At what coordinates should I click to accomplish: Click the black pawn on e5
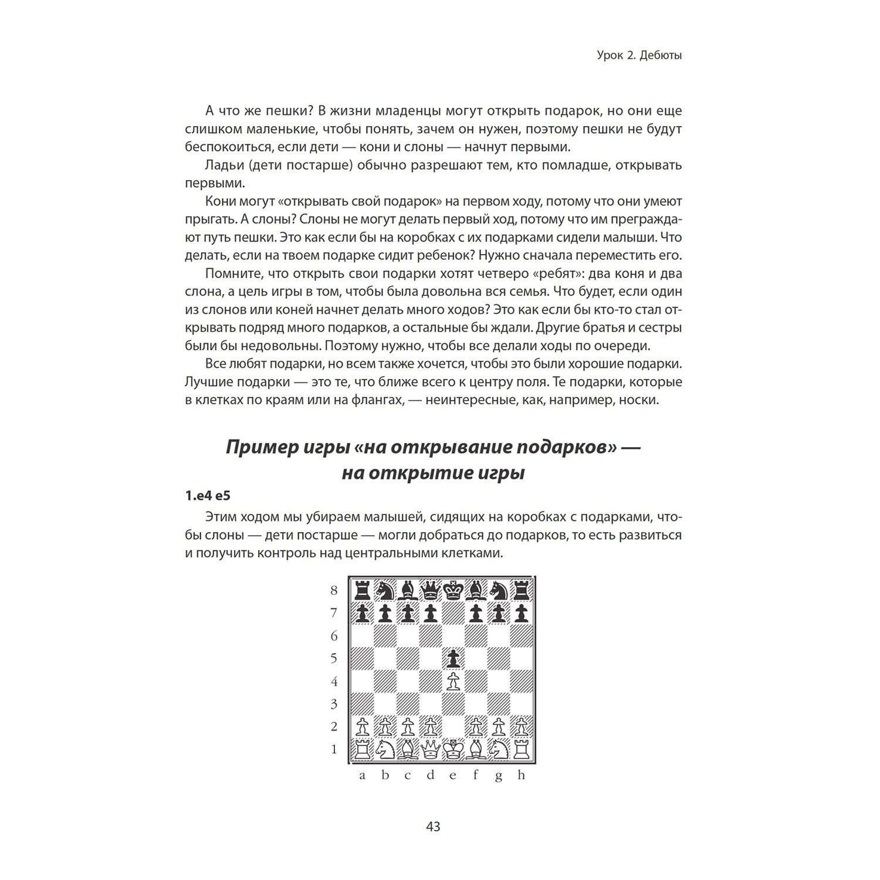452,659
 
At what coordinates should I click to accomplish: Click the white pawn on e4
452,682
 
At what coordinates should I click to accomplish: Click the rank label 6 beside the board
334,636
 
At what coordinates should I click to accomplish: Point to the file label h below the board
521,776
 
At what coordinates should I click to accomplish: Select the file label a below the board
362,776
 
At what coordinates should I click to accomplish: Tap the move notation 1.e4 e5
208,496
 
